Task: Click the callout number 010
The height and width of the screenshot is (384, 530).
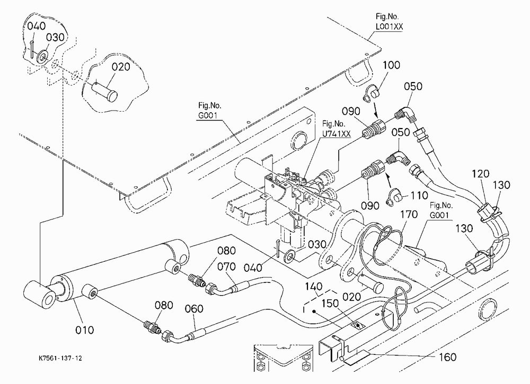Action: pos(84,330)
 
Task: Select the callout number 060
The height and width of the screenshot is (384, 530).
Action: pos(194,309)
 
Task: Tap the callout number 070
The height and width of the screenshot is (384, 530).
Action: pos(226,267)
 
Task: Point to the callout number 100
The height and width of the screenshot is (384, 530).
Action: pos(391,65)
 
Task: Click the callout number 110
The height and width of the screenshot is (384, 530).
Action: pos(419,195)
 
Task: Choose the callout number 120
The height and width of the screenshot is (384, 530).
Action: pos(480,174)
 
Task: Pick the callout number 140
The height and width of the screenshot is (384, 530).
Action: pos(314,287)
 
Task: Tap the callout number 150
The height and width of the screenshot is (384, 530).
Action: pos(330,304)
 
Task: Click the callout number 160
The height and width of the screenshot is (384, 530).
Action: pos(447,356)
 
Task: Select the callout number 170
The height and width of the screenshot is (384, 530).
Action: pos(409,214)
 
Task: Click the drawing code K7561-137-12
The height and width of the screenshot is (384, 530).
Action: pos(60,358)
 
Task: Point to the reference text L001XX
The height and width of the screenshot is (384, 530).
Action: pos(389,26)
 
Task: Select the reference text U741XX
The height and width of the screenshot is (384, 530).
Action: pos(337,134)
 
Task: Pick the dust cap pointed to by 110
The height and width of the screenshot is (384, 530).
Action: pos(393,198)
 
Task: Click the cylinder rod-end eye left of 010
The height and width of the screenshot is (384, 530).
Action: pos(40,294)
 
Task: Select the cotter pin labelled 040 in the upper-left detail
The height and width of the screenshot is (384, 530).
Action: pos(32,49)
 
